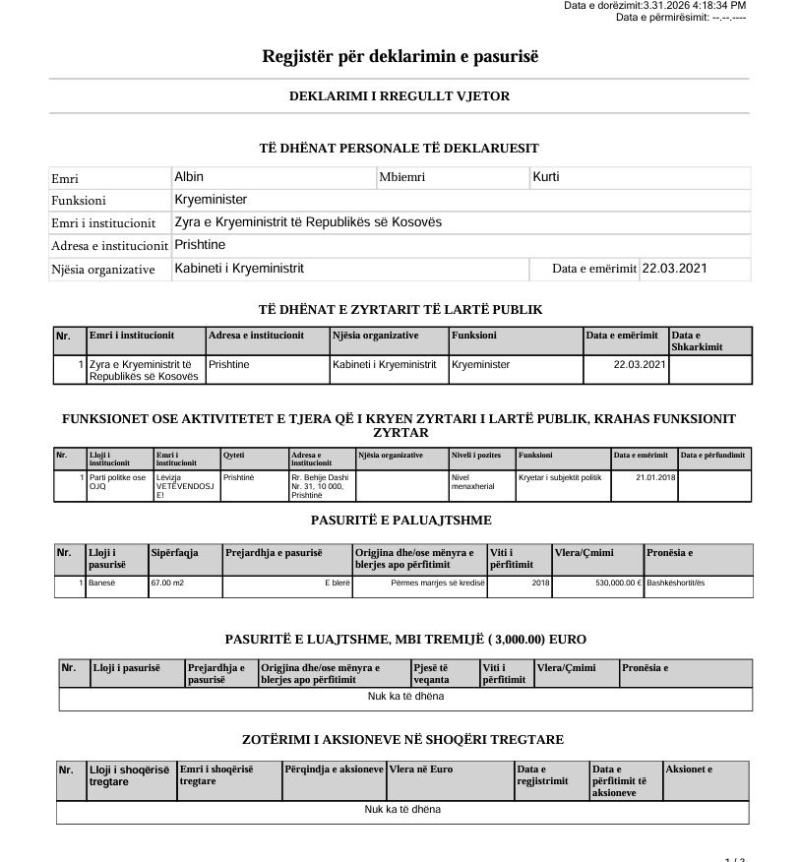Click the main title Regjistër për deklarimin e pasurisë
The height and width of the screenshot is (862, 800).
[x=400, y=56]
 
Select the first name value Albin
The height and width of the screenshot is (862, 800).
[x=189, y=177]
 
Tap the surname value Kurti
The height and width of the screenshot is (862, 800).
[x=545, y=177]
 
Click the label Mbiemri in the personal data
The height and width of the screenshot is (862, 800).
[x=400, y=178]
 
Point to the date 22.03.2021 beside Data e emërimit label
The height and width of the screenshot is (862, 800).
[x=674, y=268]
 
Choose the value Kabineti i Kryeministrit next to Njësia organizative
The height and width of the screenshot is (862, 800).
[x=239, y=268]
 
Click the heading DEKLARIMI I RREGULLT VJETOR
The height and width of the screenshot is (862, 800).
[x=400, y=96]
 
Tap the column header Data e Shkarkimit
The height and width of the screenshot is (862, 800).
[x=697, y=340]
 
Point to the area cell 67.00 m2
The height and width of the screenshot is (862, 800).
[x=167, y=583]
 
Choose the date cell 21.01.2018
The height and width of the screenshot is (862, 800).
[x=655, y=477]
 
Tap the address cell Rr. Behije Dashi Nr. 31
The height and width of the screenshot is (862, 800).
[x=320, y=486]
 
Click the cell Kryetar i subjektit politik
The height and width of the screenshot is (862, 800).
[x=559, y=477]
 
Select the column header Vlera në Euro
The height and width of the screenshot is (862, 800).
[x=421, y=770]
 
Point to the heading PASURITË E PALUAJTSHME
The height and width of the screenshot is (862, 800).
[x=400, y=520]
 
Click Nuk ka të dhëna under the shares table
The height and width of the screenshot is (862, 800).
[x=402, y=809]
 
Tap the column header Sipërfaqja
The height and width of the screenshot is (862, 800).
[x=174, y=553]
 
